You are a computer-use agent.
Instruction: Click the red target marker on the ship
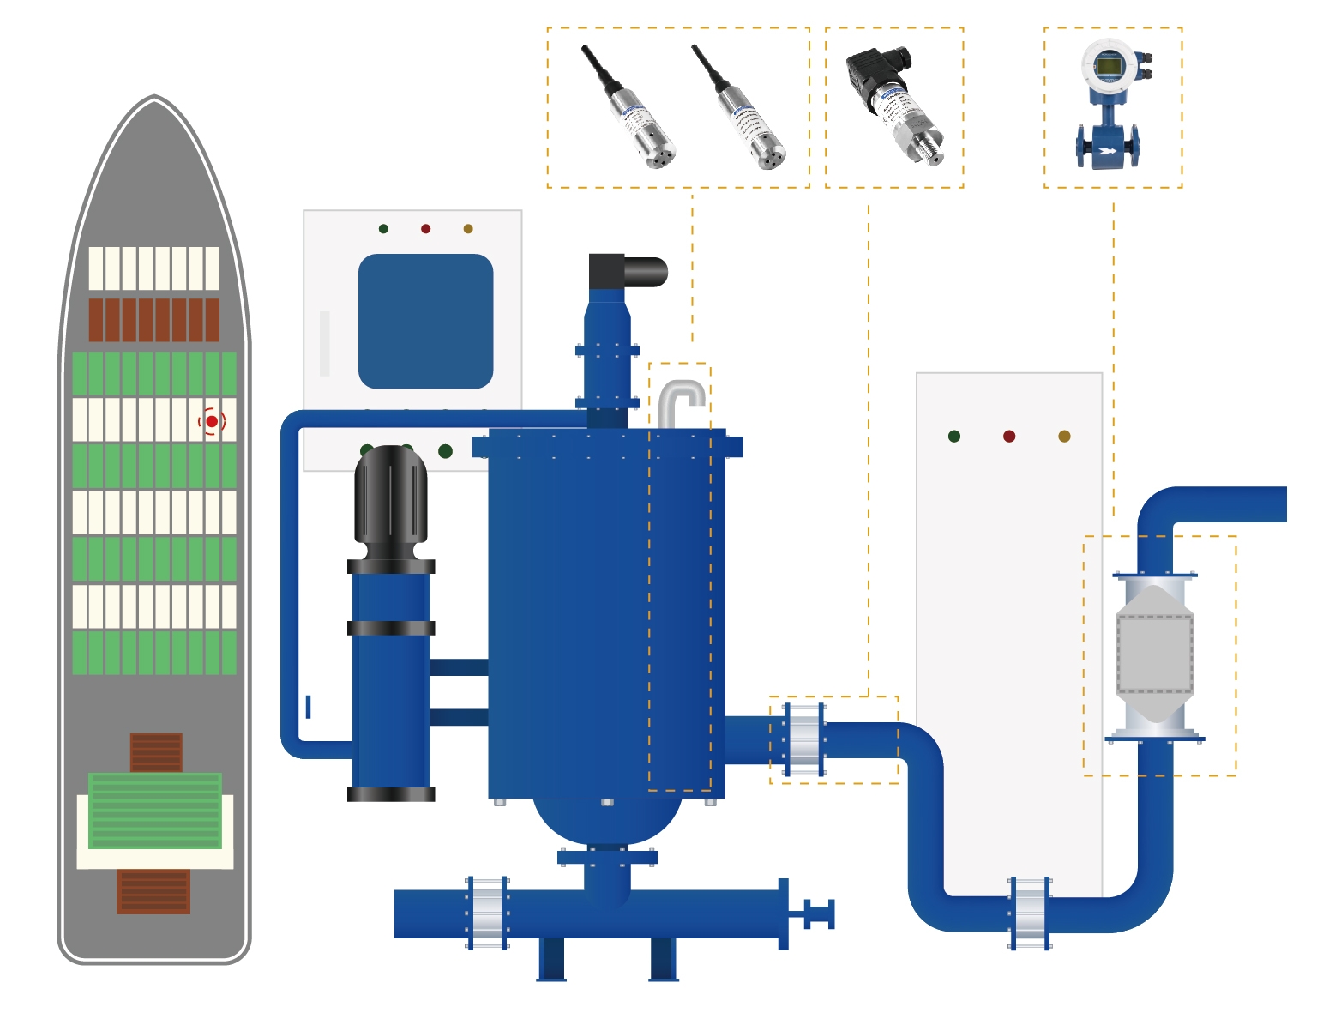(212, 421)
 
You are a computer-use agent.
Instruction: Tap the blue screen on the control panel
(425, 321)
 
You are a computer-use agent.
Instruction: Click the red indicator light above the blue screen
(425, 229)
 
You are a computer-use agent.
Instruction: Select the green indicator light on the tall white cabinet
(954, 437)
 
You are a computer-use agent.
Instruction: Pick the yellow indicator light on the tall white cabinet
(1064, 437)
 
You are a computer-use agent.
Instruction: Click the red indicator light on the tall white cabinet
(1009, 437)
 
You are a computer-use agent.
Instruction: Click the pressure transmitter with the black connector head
(894, 103)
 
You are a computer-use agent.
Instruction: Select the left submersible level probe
(632, 110)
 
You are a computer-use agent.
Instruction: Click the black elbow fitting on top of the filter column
(627, 272)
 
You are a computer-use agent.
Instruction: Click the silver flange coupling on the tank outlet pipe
(804, 739)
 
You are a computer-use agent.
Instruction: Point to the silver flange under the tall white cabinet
(1030, 913)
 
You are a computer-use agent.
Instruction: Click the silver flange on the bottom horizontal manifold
(487, 913)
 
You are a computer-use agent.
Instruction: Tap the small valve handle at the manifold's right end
(819, 913)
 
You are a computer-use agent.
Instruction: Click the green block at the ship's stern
(155, 811)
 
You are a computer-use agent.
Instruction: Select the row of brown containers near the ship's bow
(154, 320)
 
